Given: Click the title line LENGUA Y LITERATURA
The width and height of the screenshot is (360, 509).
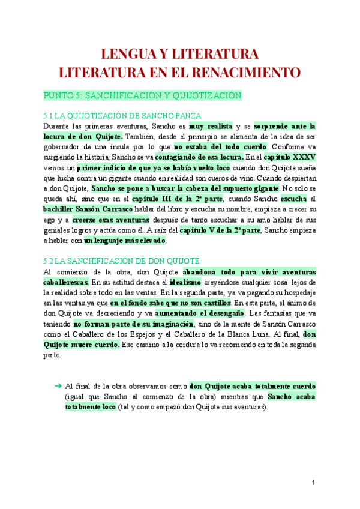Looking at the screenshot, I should [180, 55].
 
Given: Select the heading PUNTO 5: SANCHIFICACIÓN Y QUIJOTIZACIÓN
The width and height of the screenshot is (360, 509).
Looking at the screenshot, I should [142, 96].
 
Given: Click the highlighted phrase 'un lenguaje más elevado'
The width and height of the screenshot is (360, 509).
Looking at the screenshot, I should [124, 241].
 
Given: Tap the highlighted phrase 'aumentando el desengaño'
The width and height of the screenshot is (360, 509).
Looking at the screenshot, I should [199, 313].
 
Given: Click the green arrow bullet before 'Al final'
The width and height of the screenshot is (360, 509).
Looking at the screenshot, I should [58, 385].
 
